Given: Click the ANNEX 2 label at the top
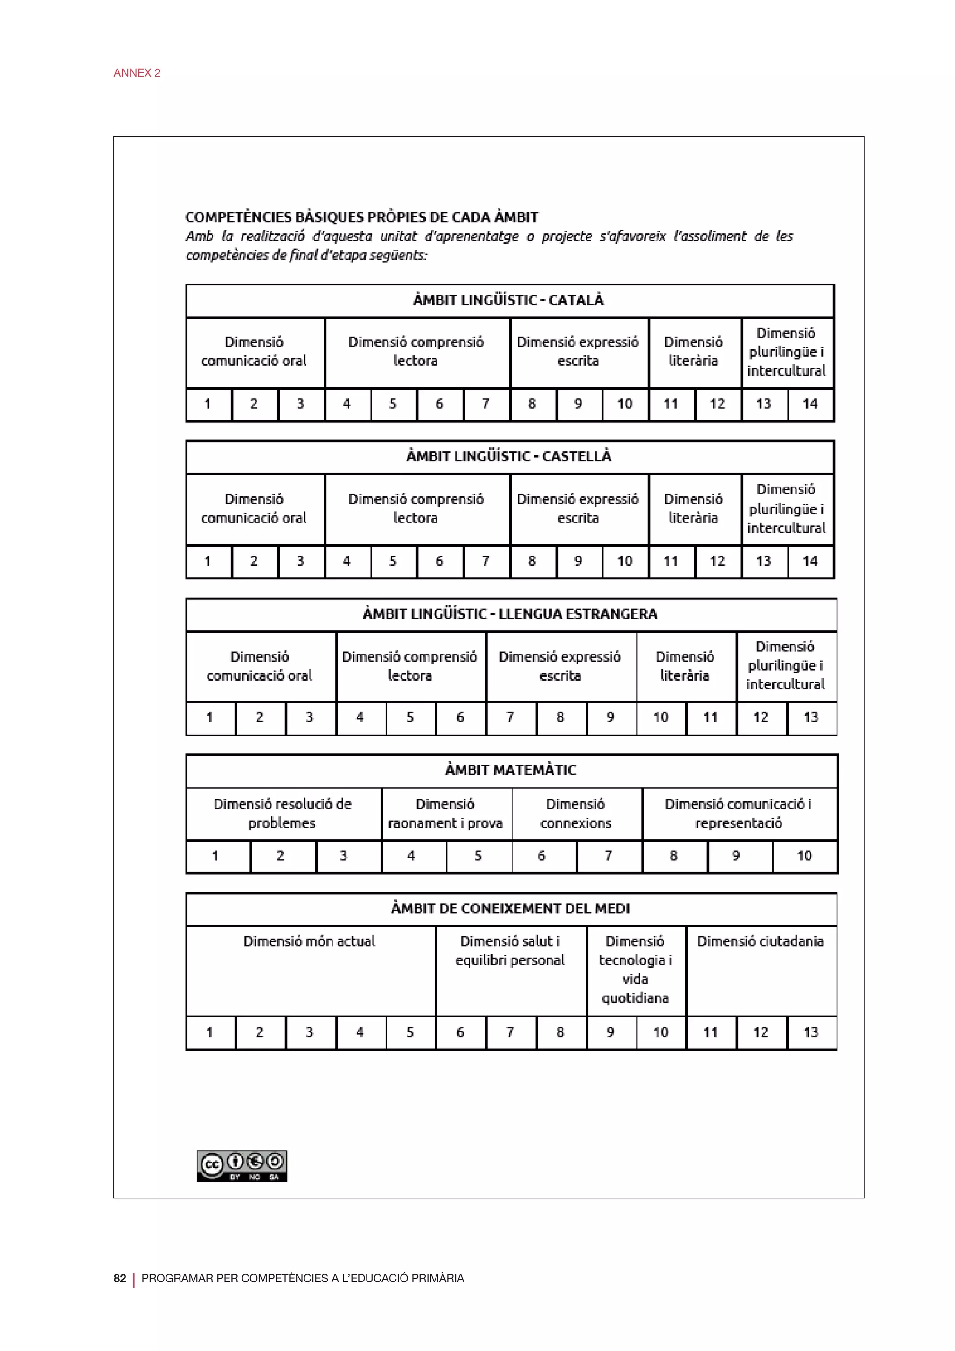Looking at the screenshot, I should (137, 73).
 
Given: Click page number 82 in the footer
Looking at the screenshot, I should (119, 1278).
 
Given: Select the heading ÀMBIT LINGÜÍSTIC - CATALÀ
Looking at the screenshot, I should (509, 300).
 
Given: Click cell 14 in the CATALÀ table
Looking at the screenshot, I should (810, 404).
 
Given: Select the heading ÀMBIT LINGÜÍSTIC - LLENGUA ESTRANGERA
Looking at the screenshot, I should (510, 614).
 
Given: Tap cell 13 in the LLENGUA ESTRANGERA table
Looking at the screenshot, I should (810, 717).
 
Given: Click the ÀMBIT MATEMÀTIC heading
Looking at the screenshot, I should (511, 770).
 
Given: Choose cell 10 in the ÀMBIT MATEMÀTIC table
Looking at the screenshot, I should (804, 856).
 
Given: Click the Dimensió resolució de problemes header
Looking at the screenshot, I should (282, 813).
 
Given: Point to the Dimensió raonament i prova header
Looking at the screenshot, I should (445, 813).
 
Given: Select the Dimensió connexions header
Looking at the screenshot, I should (576, 813).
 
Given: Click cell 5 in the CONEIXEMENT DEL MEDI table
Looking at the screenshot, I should (410, 1032).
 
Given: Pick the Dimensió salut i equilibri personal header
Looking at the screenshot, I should (510, 950).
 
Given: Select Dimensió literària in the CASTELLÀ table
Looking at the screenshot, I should (693, 508).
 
